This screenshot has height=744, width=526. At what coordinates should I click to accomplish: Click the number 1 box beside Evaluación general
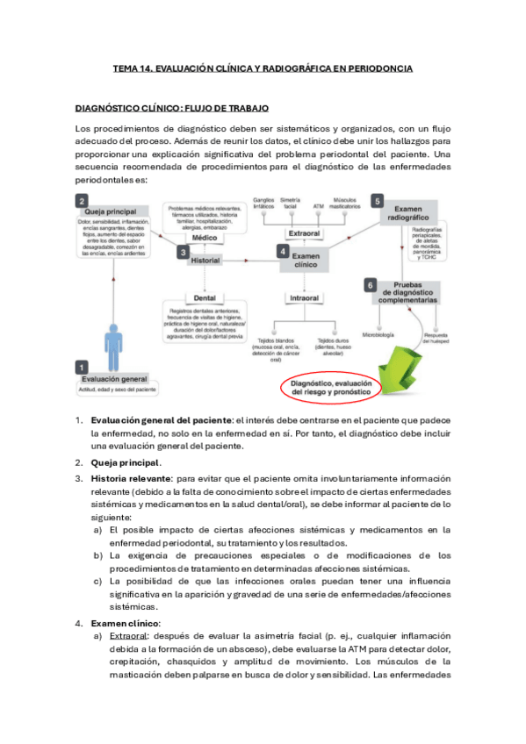[x=82, y=368]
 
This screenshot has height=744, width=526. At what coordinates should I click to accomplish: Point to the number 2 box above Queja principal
[x=82, y=200]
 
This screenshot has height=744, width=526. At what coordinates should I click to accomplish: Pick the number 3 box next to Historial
[x=183, y=252]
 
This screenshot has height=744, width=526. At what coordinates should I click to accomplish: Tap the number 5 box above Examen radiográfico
[x=378, y=200]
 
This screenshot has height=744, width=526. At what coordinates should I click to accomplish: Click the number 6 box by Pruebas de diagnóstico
[x=371, y=285]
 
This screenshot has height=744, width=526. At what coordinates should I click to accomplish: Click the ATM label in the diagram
[x=319, y=206]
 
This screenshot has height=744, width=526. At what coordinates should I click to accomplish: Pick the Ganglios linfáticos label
[x=263, y=203]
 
